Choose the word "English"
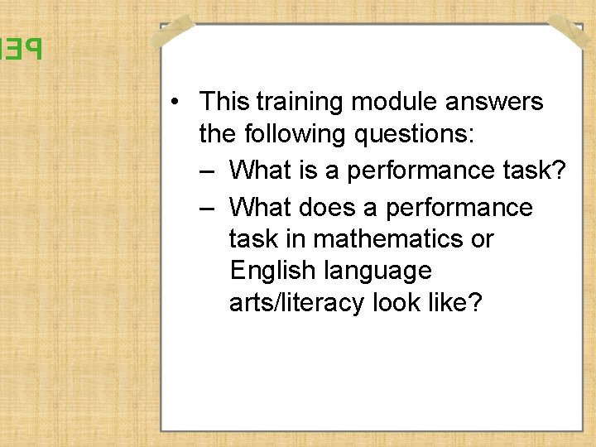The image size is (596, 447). point(272,271)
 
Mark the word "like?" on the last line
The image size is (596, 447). point(459,303)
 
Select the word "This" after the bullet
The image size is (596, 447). point(224,102)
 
